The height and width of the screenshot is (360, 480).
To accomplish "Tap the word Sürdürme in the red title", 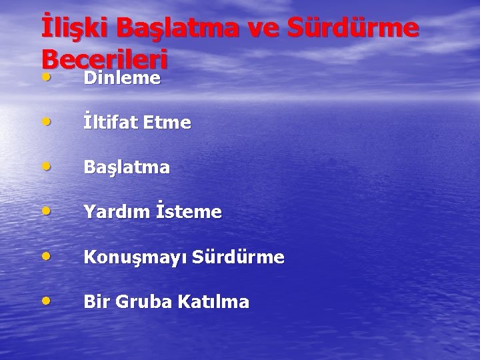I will tap(356, 29).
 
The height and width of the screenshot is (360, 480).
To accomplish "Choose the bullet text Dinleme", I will tap(122, 78).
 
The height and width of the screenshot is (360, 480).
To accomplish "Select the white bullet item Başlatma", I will tap(127, 168).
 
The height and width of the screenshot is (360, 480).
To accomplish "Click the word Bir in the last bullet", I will tap(96, 302).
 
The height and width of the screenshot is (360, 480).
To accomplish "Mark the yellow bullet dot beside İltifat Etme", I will tap(45, 122).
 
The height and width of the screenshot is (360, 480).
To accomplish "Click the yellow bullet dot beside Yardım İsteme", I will tap(45, 211).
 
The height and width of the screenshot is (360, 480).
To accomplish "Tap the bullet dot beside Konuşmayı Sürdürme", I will tap(45, 256).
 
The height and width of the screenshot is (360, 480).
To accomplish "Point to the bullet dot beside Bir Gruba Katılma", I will tap(45, 301).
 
